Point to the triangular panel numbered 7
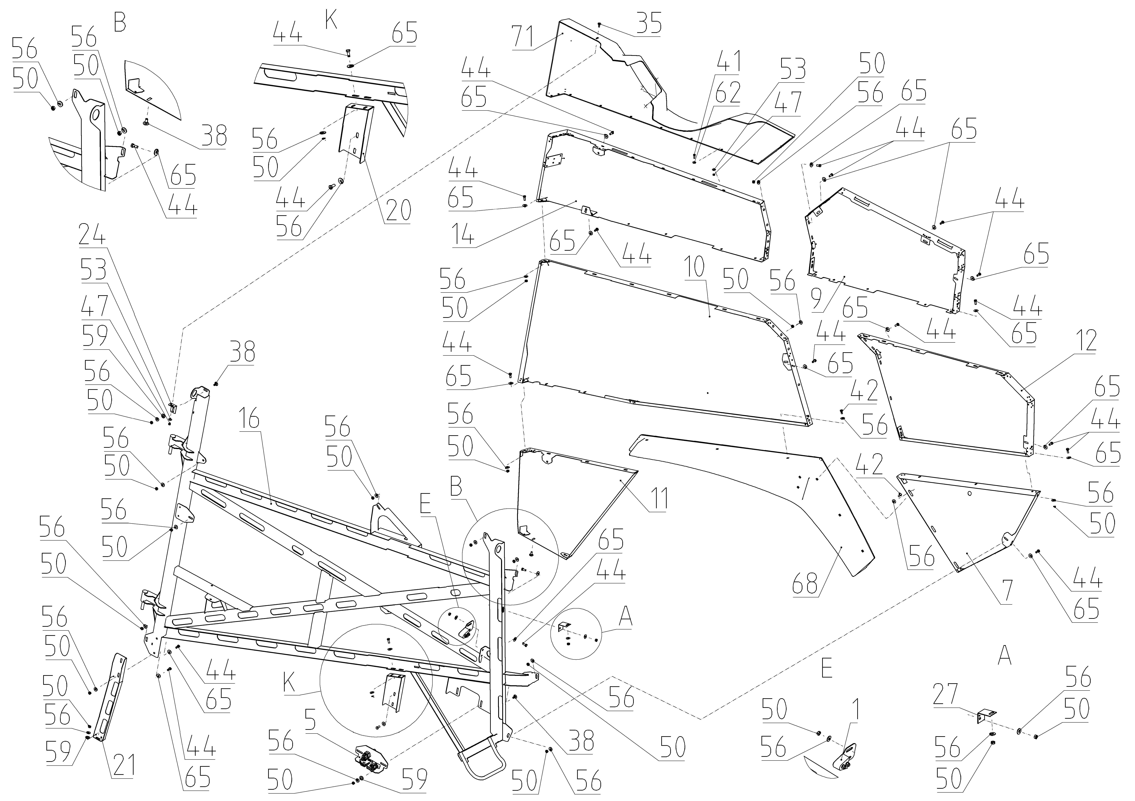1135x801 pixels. [964, 519]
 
